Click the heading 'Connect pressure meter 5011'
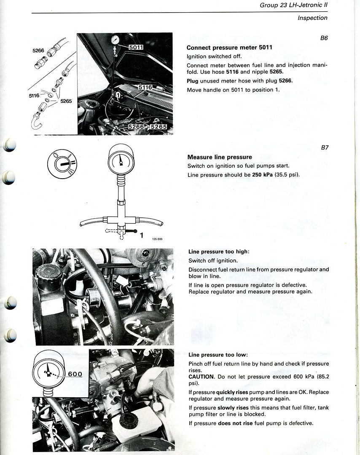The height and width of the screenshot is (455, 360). click(x=229, y=48)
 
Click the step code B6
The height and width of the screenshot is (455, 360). click(x=324, y=38)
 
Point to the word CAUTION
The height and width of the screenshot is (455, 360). click(x=202, y=377)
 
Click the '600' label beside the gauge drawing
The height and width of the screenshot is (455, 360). click(x=75, y=374)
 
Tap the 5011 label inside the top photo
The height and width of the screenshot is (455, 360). click(x=135, y=47)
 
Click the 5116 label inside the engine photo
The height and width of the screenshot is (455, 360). click(x=145, y=87)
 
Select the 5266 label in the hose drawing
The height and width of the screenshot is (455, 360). click(x=38, y=51)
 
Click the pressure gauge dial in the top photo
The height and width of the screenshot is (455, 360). click(x=114, y=40)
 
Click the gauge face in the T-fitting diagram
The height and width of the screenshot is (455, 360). click(x=121, y=160)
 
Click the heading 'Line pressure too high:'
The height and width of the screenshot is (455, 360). click(x=219, y=252)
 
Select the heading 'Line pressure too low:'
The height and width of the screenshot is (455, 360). click(x=218, y=355)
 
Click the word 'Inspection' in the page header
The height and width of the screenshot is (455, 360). click(x=312, y=18)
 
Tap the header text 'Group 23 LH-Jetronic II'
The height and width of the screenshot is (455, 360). click(x=294, y=5)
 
